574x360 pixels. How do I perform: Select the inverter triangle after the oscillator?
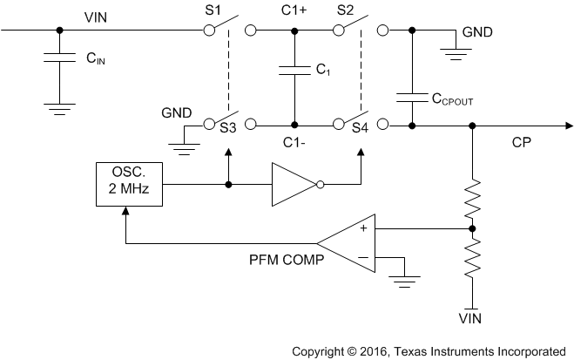pyautogui.click(x=294, y=184)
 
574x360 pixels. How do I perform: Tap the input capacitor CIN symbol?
pyautogui.click(x=59, y=60)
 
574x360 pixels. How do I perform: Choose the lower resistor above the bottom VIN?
pyautogui.click(x=473, y=256)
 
